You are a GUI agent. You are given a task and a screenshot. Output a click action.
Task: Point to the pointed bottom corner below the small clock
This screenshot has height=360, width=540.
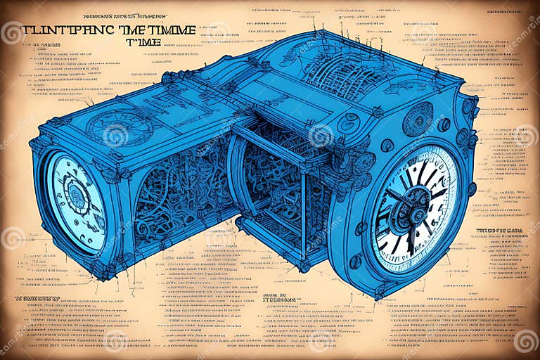[x=104, y=274]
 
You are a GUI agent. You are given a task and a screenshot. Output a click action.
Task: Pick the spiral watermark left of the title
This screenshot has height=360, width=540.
[x=12, y=32]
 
